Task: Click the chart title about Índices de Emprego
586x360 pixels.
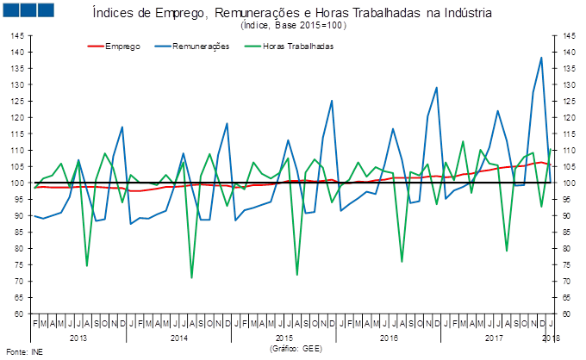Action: pos(292,14)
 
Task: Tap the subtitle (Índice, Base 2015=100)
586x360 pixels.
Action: pos(292,26)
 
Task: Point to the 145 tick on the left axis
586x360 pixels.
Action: pos(17,36)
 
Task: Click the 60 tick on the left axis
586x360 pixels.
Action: pos(17,313)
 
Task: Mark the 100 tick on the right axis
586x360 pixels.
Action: pos(569,183)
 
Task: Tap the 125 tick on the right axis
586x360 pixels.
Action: pos(569,102)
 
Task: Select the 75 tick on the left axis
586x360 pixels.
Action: pos(17,264)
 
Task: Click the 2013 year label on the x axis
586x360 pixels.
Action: pos(78,338)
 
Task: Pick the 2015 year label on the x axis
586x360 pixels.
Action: pos(284,338)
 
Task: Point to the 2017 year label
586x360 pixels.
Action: pos(494,338)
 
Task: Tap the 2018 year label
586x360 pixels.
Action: pos(551,338)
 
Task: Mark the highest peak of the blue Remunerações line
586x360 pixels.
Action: pos(541,58)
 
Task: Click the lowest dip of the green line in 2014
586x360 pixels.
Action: pos(191,277)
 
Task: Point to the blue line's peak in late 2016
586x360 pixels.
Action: pos(436,87)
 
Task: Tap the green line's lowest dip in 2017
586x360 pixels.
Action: pos(507,251)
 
